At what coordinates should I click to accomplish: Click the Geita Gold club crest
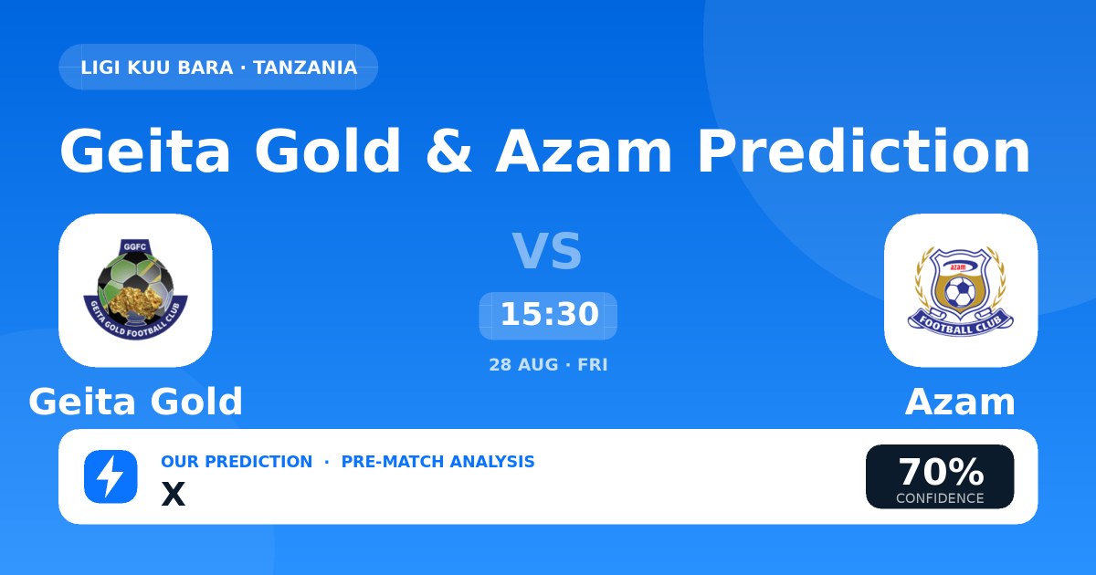pyautogui.click(x=135, y=289)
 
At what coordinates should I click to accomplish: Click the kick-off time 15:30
pyautogui.click(x=550, y=314)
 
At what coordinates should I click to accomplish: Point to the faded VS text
pyautogui.click(x=547, y=251)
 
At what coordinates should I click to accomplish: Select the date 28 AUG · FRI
pyautogui.click(x=548, y=365)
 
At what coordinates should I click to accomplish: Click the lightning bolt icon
pyautogui.click(x=111, y=476)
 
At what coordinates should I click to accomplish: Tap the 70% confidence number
pyautogui.click(x=941, y=472)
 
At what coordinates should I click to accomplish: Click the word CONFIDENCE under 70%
pyautogui.click(x=940, y=498)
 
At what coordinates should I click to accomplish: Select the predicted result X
pyautogui.click(x=174, y=494)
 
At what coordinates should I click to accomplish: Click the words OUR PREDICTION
pyautogui.click(x=237, y=462)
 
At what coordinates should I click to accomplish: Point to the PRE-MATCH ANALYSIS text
pyautogui.click(x=437, y=462)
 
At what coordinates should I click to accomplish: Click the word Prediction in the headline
pyautogui.click(x=864, y=151)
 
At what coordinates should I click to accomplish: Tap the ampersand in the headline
pyautogui.click(x=449, y=151)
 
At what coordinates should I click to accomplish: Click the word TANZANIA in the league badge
pyautogui.click(x=305, y=68)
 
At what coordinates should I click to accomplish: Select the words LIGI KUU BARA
pyautogui.click(x=156, y=68)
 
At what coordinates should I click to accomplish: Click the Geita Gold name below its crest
pyautogui.click(x=135, y=402)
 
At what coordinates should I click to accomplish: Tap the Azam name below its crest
pyautogui.click(x=960, y=402)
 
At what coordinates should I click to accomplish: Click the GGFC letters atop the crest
pyautogui.click(x=134, y=247)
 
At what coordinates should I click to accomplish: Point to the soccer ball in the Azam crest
pyautogui.click(x=960, y=292)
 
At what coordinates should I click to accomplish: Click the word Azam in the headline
pyautogui.click(x=584, y=151)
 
